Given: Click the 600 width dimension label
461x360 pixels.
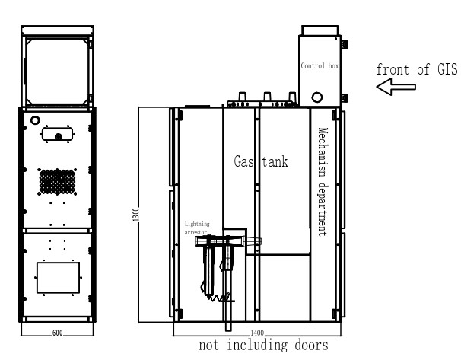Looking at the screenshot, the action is coord(58,333).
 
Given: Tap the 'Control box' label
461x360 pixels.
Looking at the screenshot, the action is coord(320,66).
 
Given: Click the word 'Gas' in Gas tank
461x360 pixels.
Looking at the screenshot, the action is coord(246,161).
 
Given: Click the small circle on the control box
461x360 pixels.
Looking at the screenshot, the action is coord(316,97).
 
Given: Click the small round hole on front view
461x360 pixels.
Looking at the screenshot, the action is coord(35,119).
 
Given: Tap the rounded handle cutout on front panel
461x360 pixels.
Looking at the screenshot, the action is coord(58,134).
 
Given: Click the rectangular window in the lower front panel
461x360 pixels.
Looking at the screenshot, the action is coord(58,276).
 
